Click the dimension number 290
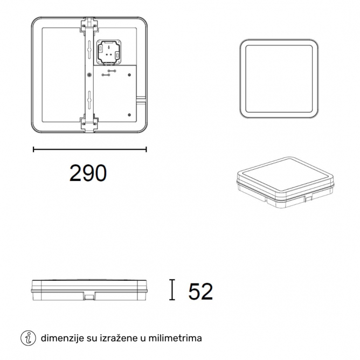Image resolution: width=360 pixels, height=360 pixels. click(88, 173)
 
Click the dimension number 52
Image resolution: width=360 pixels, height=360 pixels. click(200, 292)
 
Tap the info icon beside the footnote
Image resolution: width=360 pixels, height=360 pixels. click(28, 338)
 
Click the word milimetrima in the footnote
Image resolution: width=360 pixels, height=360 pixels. click(175, 338)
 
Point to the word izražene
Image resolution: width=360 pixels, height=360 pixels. click(119, 338)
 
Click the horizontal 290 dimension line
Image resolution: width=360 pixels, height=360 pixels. click(90, 150)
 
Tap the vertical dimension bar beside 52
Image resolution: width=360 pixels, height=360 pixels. click(172, 290)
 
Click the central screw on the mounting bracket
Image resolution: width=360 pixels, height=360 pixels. click(89, 74)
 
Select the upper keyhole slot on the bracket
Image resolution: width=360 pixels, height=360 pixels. click(89, 47)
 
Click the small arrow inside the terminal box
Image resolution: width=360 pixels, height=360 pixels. click(109, 48)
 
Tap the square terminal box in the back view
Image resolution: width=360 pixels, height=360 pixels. click(109, 52)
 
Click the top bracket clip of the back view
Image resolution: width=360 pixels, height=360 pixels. click(89, 24)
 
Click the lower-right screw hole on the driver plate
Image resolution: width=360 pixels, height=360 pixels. click(129, 115)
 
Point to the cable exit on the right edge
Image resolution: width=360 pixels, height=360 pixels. click(141, 99)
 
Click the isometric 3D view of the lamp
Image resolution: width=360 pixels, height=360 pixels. click(286, 183)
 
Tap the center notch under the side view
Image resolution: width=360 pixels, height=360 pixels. click(89, 296)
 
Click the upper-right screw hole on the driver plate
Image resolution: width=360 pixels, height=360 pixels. click(129, 75)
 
